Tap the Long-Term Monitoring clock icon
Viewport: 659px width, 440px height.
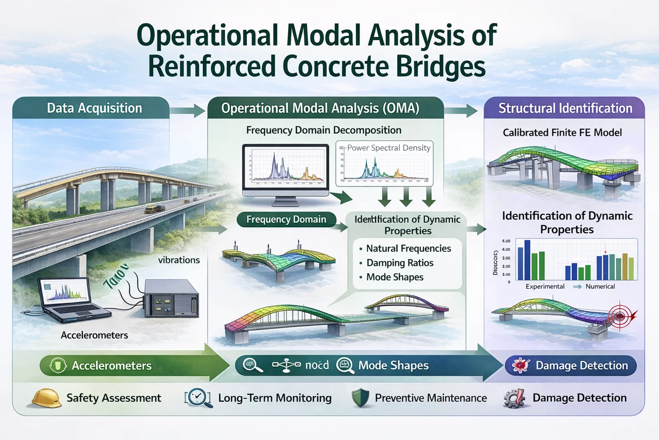[198, 397]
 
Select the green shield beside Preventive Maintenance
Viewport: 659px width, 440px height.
[360, 398]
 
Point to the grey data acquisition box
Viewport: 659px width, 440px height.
[171, 298]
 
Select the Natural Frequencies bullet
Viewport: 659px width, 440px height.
[408, 248]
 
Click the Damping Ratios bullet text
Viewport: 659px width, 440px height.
[399, 263]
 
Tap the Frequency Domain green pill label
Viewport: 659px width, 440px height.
[286, 220]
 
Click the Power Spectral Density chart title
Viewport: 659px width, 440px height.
[388, 148]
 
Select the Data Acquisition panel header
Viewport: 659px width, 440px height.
[94, 108]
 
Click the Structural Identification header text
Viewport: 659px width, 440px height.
[565, 108]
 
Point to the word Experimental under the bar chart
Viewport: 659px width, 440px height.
[545, 287]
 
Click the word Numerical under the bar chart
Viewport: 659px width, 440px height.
[600, 287]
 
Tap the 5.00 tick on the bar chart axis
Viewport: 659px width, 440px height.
[506, 241]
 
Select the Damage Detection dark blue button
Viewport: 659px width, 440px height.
[571, 366]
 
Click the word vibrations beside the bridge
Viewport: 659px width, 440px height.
[178, 260]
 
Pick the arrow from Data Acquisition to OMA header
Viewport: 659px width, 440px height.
[187, 110]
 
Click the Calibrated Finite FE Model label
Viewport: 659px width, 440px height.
[562, 133]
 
